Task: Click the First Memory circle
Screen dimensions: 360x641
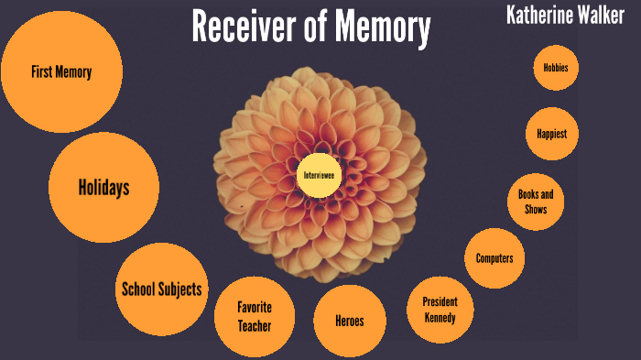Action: [60, 72]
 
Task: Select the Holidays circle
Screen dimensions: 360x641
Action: [103, 189]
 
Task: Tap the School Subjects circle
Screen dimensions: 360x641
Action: [162, 289]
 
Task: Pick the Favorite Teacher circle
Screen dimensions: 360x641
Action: [255, 316]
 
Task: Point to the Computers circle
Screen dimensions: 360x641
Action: [494, 258]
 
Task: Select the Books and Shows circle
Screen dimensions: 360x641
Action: [536, 202]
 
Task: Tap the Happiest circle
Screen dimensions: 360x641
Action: [552, 134]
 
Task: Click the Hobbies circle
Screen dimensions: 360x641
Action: [556, 68]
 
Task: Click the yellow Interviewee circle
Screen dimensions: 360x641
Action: [319, 174]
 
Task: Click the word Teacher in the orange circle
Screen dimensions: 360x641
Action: [255, 325]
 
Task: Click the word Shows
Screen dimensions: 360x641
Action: [536, 209]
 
